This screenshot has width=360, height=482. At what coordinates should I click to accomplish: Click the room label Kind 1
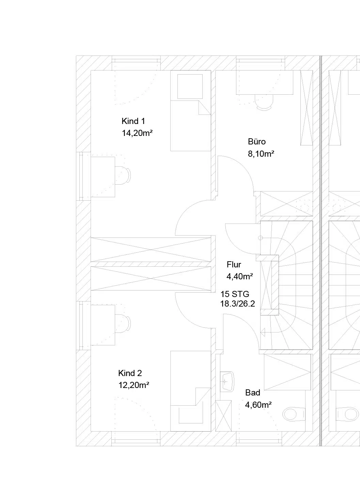coord(133,121)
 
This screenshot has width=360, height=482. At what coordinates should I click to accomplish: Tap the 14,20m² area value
coord(137,133)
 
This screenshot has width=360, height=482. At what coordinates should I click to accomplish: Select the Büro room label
coord(257,141)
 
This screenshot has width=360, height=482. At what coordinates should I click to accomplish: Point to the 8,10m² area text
coord(261,154)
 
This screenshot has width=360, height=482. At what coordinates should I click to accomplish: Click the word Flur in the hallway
coord(234,264)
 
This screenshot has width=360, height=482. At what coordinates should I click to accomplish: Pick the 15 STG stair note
coord(235,294)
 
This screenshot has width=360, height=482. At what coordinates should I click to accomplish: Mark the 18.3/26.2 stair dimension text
coord(237,304)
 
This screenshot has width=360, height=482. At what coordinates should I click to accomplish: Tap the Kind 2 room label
coord(130,373)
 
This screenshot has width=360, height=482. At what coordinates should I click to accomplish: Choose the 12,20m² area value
coord(134,385)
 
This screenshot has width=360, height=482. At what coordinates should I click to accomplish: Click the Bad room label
coord(253,393)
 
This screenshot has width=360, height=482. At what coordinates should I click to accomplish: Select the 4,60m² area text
coord(259,405)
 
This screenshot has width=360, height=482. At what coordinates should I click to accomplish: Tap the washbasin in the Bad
coord(228,382)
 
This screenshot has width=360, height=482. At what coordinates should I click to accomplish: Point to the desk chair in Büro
coord(264,102)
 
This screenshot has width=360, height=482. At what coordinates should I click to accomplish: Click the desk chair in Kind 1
coord(123,175)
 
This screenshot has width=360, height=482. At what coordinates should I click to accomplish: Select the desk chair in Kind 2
coord(123,324)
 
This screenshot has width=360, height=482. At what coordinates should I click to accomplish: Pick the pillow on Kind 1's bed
coord(190,87)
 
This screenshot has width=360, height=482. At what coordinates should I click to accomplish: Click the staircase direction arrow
coord(263,332)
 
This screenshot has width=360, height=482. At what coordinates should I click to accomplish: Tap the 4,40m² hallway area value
coord(240,277)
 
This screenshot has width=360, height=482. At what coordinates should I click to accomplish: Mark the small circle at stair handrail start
coord(261,238)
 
